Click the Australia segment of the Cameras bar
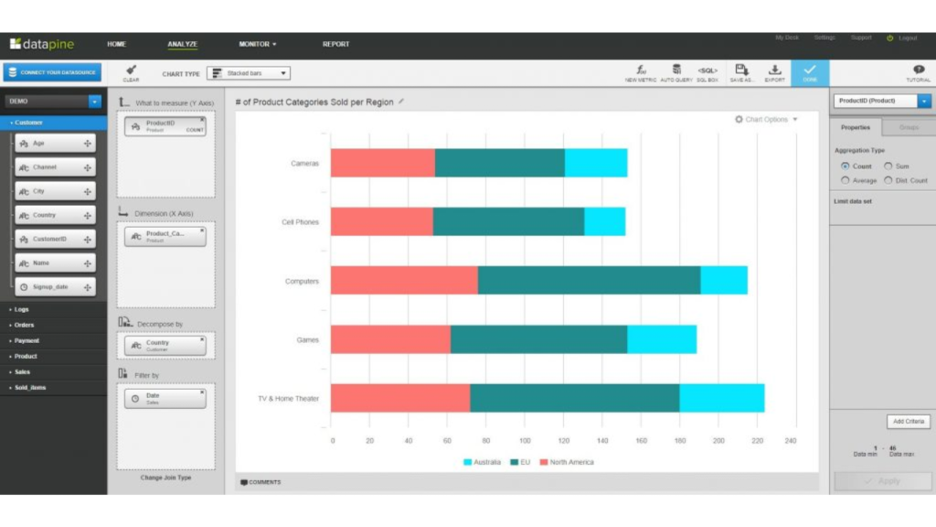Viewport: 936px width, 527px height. pyautogui.click(x=596, y=163)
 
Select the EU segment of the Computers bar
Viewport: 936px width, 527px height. pyautogui.click(x=589, y=280)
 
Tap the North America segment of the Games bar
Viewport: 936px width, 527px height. pyautogui.click(x=390, y=339)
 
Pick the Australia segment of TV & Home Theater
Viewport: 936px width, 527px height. pyautogui.click(x=721, y=398)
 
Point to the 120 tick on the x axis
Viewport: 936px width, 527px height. pyautogui.click(x=564, y=440)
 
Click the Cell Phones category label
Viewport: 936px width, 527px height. pyautogui.click(x=300, y=221)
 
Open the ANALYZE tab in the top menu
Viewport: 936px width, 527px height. pyautogui.click(x=182, y=44)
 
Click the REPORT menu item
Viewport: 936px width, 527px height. pyautogui.click(x=335, y=44)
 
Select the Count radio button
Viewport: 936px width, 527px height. pyautogui.click(x=845, y=167)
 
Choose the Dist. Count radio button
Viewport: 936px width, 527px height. pyautogui.click(x=888, y=180)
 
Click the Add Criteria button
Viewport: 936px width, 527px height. pyautogui.click(x=909, y=421)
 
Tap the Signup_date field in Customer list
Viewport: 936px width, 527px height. pyautogui.click(x=55, y=286)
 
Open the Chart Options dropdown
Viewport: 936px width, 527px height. pyautogui.click(x=766, y=119)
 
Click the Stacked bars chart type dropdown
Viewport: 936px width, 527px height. pyautogui.click(x=249, y=73)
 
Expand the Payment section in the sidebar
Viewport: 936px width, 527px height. pyautogui.click(x=27, y=340)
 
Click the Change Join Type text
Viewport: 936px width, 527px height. pyautogui.click(x=165, y=478)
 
